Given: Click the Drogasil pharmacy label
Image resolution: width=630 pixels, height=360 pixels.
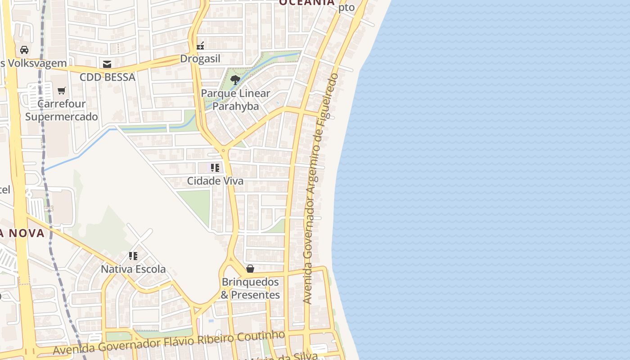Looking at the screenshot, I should click(x=200, y=59).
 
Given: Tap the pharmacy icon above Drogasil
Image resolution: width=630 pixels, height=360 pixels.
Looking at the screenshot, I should click(x=201, y=45).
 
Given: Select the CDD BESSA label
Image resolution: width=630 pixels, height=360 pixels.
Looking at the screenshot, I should click(x=108, y=77).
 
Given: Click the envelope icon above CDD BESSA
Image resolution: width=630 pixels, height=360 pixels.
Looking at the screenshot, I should click(x=107, y=64).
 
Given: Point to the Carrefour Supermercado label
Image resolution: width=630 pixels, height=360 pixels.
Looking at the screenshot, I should click(x=61, y=110).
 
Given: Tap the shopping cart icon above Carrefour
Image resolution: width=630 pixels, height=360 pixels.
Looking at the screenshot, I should click(x=62, y=91).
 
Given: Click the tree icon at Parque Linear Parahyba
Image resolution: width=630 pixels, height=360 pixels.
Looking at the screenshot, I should click(x=235, y=81).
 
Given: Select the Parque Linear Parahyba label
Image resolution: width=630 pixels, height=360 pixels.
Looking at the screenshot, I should click(x=235, y=99).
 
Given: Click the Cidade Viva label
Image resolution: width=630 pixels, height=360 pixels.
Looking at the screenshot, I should click(x=215, y=181).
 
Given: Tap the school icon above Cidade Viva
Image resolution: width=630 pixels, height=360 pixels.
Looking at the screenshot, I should click(x=215, y=168).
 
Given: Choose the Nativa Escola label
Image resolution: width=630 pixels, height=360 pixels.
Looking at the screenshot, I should click(x=133, y=269).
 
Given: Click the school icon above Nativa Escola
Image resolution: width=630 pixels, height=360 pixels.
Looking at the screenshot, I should click(x=133, y=256).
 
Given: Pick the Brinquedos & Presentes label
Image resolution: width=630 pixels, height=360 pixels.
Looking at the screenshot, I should click(x=250, y=288).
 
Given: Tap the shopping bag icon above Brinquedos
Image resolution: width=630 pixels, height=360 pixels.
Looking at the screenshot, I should click(x=250, y=269).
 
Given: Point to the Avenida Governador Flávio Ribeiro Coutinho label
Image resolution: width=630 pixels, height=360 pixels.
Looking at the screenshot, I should click(x=169, y=342).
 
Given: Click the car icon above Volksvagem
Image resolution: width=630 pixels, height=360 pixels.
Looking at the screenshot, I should click(x=24, y=50).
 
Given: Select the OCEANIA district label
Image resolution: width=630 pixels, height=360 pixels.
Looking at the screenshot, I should click(x=307, y=2).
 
